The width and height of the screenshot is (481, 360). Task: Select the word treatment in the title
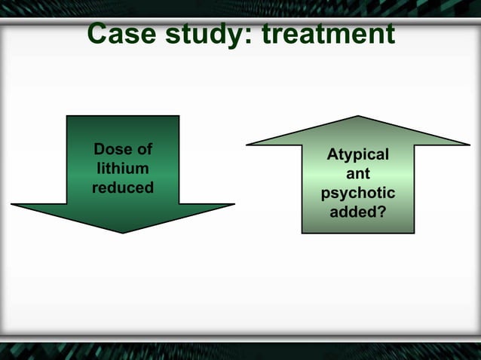tap(328, 34)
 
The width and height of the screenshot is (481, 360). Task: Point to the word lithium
tap(123, 168)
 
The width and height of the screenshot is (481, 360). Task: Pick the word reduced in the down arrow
tap(123, 187)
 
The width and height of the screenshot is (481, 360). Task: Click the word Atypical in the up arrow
tap(358, 155)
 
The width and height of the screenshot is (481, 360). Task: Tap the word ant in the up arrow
tap(358, 174)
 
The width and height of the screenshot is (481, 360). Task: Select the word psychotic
tap(358, 194)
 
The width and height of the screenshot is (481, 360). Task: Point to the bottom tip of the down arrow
tap(123, 232)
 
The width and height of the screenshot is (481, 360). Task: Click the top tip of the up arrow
tap(358, 117)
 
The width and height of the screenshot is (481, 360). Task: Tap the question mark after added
tap(381, 212)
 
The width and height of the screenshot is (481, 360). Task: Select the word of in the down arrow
tap(142, 149)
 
